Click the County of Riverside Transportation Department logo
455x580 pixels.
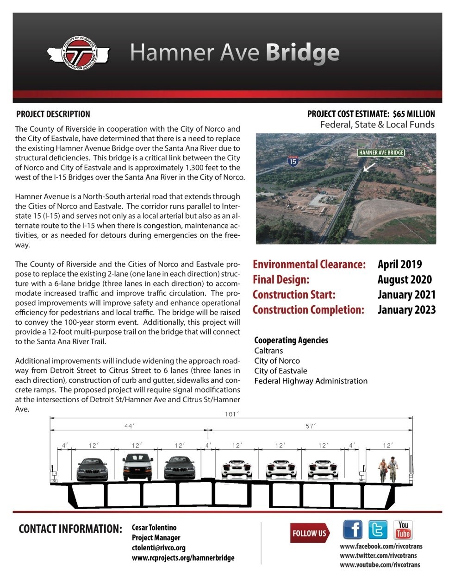click(79, 54)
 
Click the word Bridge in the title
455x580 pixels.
click(302, 53)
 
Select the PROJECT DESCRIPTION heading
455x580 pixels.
click(53, 114)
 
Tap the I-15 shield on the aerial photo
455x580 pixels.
click(293, 161)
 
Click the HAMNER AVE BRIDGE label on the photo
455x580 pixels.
click(381, 152)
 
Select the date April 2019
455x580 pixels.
click(399, 265)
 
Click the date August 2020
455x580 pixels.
click(405, 280)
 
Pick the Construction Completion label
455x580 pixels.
click(308, 310)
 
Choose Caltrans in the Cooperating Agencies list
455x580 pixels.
click(268, 351)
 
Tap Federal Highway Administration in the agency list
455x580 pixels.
click(311, 381)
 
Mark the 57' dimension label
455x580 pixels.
click(311, 426)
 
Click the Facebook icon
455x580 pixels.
click(353, 530)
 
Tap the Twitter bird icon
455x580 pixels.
click(378, 530)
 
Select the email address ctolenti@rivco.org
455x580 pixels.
click(159, 548)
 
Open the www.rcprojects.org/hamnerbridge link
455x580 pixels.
click(183, 558)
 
